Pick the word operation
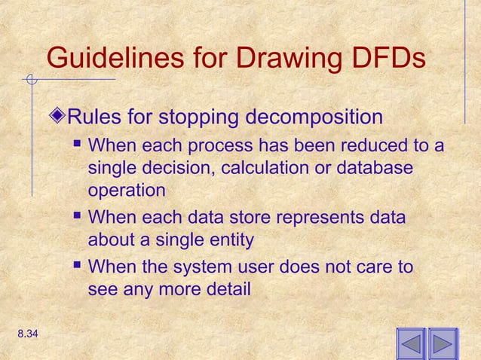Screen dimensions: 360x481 [126, 191]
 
